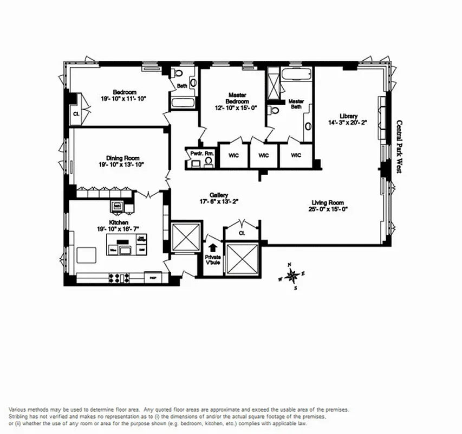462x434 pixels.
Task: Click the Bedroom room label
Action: [x=124, y=92]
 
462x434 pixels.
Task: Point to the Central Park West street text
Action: [x=399, y=146]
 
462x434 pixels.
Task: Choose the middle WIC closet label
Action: [x=264, y=156]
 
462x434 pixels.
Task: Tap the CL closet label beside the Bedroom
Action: [x=75, y=114]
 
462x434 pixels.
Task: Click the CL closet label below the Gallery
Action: [x=242, y=233]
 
